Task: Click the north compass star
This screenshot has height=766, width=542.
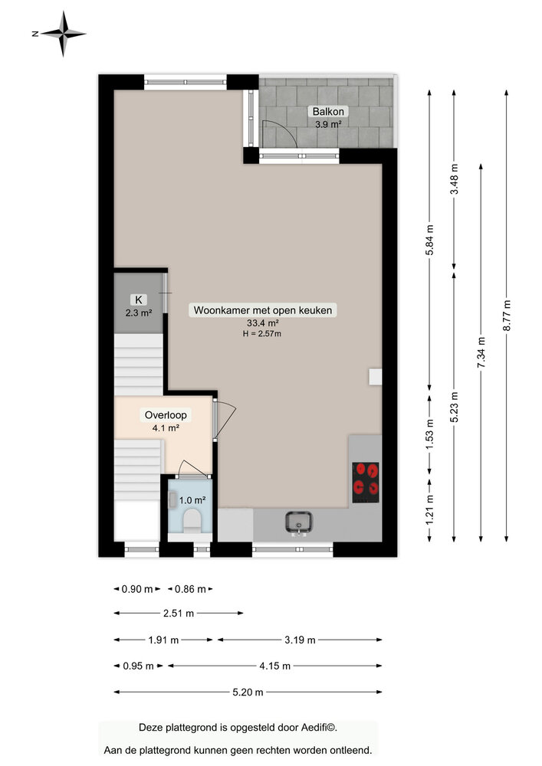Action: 63,34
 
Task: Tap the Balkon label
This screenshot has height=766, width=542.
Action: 328,111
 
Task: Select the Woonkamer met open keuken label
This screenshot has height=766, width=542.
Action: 262,310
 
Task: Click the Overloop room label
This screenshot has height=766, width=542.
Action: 166,415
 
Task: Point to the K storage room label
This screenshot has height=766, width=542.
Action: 139,300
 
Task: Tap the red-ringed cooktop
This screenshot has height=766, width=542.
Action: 366,483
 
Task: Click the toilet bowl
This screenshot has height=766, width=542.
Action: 192,521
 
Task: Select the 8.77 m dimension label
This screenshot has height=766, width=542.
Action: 507,316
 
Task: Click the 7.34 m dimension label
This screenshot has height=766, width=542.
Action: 481,352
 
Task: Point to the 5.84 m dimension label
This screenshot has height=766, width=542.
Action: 429,240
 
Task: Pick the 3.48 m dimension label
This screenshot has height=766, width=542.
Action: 455,178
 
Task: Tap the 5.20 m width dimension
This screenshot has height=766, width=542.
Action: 248,692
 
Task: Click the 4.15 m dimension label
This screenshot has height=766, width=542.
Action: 274,666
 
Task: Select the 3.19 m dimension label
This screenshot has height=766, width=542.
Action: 300,640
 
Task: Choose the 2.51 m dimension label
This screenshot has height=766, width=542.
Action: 179,614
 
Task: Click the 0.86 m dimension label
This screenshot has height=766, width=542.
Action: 190,589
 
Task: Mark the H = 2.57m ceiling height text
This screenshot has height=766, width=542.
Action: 262,334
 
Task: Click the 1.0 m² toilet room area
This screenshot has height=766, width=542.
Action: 192,500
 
